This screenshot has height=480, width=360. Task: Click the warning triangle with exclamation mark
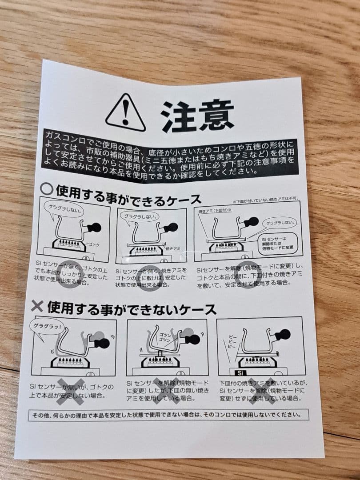coord(125,113)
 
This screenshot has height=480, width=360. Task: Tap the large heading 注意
coord(197,117)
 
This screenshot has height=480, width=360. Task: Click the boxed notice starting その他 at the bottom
coord(168,415)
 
